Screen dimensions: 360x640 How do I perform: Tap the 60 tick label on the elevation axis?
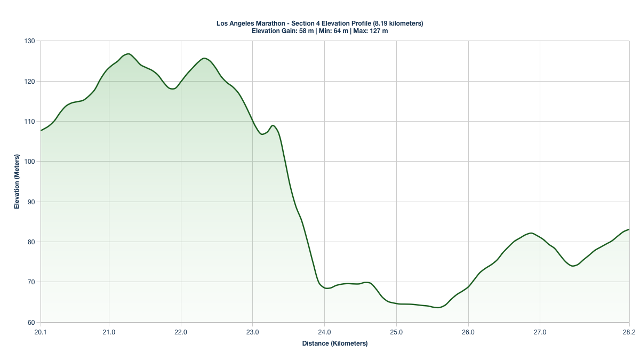pos(30,322)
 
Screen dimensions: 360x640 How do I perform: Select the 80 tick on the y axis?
pos(30,242)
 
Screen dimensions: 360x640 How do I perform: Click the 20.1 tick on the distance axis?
pos(41,332)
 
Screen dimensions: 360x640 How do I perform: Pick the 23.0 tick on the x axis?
pos(252,332)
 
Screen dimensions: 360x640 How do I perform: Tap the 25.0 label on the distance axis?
pos(396,332)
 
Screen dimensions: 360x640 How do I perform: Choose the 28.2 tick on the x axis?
pos(629,332)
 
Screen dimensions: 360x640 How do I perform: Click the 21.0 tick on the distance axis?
pos(109,332)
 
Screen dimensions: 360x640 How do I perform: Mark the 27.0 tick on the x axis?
pos(540,332)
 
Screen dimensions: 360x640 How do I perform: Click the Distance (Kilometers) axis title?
pos(335,343)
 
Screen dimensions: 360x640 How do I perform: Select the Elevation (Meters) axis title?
pos(17,181)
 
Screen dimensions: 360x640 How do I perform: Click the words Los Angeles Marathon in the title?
pos(249,23)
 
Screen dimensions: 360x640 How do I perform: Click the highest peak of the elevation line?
pos(128,54)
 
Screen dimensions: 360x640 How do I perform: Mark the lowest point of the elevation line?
pos(438,308)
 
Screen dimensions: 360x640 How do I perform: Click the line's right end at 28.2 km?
pos(629,229)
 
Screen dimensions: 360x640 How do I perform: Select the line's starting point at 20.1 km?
pos(41,131)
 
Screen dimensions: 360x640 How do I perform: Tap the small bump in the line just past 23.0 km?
pos(273,125)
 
